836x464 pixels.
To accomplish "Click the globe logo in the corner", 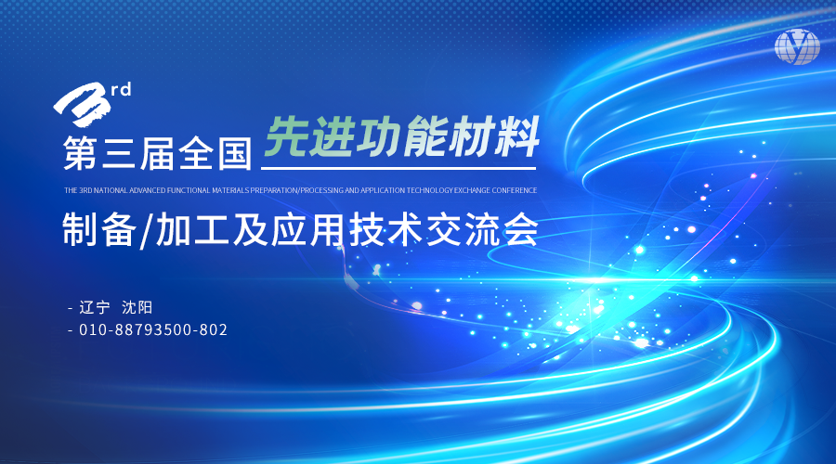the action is pos(797,46).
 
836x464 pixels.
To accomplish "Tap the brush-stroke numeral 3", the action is pos(83,105).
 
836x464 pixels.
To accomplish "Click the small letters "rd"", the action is pos(121,89).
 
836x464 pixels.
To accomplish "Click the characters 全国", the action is pos(215,153).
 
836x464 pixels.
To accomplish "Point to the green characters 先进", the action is pos(309,137).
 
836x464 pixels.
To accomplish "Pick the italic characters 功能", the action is pos(401,137).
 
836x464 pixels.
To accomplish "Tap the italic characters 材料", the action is pos(493,137).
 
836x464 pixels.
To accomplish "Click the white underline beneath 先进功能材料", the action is pos(398,168).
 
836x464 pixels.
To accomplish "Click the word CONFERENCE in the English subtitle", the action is pos(514,190).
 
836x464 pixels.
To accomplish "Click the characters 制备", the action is pos(99,229).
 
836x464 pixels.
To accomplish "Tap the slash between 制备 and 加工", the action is pos(146,231).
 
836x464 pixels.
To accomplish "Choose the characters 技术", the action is pos(386,229).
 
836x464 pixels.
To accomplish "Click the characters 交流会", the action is pos(482,229).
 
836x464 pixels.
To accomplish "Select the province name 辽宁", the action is pos(95,307).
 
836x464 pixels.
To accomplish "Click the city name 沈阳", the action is pos(137,307).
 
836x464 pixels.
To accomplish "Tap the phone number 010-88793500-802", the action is pos(153,329).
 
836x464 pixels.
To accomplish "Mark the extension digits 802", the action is pos(214,329).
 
